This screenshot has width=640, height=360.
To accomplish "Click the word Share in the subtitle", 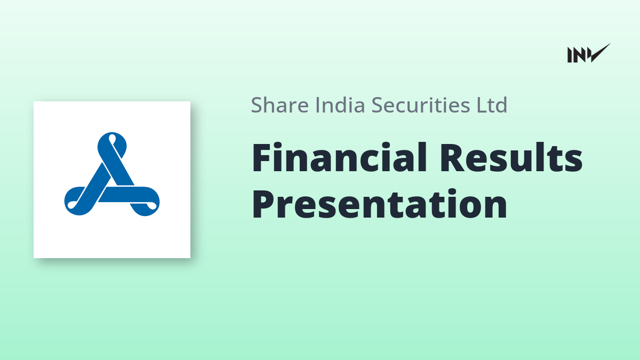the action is (x=279, y=105).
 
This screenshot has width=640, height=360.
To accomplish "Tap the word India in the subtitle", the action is (x=340, y=105).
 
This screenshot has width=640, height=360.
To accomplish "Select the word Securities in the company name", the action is (x=421, y=105).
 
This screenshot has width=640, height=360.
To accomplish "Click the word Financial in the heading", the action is (x=339, y=158).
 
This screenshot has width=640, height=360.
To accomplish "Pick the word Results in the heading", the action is (x=511, y=158).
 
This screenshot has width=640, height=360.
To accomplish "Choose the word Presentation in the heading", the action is (x=379, y=204).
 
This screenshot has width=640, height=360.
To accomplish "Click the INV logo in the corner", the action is (x=589, y=53).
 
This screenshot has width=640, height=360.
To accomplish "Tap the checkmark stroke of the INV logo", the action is (x=600, y=53).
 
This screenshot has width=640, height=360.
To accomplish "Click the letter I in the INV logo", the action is (x=570, y=55).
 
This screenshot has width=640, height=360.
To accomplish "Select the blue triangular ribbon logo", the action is (x=112, y=174).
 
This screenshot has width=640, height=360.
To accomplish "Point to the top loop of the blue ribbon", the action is (x=112, y=145).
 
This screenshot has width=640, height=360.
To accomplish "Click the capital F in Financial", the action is (x=261, y=158).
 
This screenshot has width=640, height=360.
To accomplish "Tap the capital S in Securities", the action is (x=378, y=105).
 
